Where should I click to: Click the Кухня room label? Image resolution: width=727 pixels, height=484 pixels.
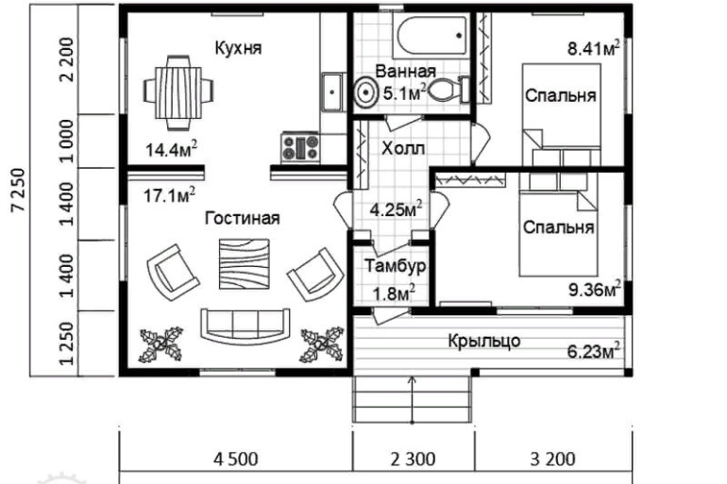pyautogui.click(x=237, y=48)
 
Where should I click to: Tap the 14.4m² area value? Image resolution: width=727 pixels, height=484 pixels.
pyautogui.click(x=171, y=148)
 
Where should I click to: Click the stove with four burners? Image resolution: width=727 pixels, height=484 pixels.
pyautogui.click(x=300, y=145)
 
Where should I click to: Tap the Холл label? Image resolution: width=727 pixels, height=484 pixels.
pyautogui.click(x=403, y=149)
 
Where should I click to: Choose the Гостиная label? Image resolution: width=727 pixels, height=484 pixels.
pyautogui.click(x=242, y=219)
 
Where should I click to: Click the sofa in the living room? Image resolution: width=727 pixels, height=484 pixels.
pyautogui.click(x=245, y=325)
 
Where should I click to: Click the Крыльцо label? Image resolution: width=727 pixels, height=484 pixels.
pyautogui.click(x=483, y=341)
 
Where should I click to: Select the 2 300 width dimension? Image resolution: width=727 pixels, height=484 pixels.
pyautogui.click(x=412, y=460)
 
